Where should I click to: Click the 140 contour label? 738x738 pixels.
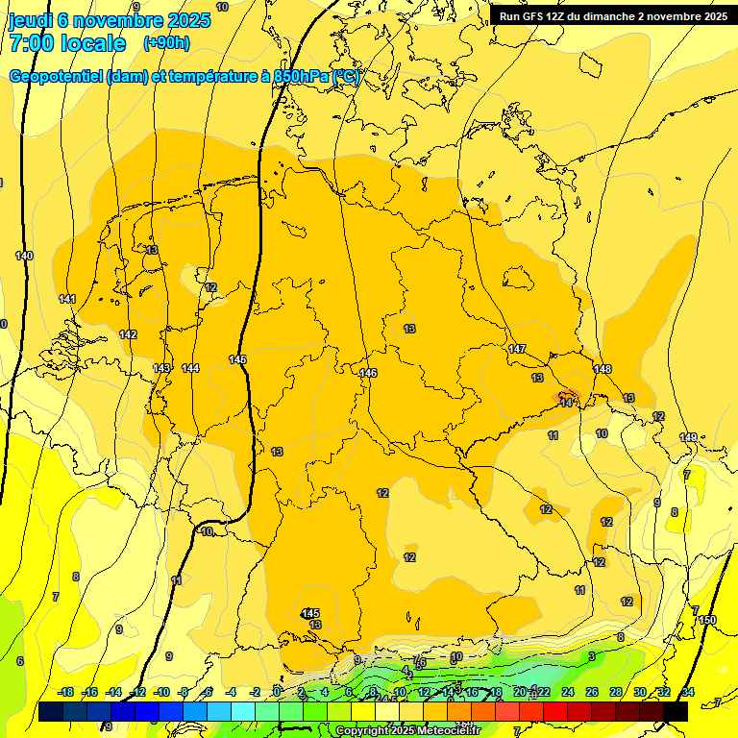coord(24,256)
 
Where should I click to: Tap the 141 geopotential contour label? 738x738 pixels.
coord(67,299)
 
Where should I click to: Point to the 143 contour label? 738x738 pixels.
coord(161,368)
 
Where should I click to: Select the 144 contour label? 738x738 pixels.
coord(190,368)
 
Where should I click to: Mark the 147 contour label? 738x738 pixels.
coord(517,349)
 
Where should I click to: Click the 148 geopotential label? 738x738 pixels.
coord(603,370)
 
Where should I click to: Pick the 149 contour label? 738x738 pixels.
coord(688,437)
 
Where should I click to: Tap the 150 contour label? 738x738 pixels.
coord(708,620)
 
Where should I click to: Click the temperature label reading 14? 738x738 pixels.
coord(567,403)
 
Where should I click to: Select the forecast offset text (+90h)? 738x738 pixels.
coord(166,43)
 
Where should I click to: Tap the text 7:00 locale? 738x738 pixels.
coord(67,43)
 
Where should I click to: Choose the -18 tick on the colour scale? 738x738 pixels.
coord(66,692)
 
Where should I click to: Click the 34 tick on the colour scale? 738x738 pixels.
coord(687,692)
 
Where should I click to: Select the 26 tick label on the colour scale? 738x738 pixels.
coord(592,692)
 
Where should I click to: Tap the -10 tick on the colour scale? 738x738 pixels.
coord(161,692)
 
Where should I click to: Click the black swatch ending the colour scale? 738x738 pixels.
coord(676,711)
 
